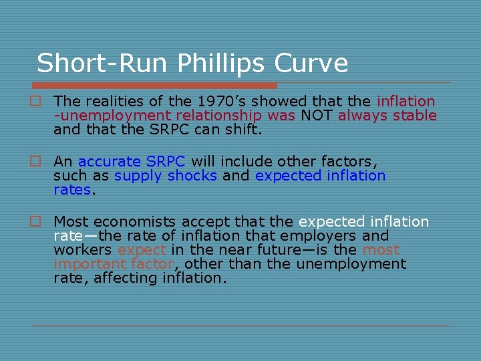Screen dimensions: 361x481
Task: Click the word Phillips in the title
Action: [x=224, y=64]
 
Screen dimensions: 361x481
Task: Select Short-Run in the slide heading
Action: [x=104, y=64]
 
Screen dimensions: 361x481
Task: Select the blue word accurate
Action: [x=110, y=161]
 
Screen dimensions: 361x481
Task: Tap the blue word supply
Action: [x=139, y=176]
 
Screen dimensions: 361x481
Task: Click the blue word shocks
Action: [x=192, y=176]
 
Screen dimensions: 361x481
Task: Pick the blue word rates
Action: [x=72, y=190]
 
